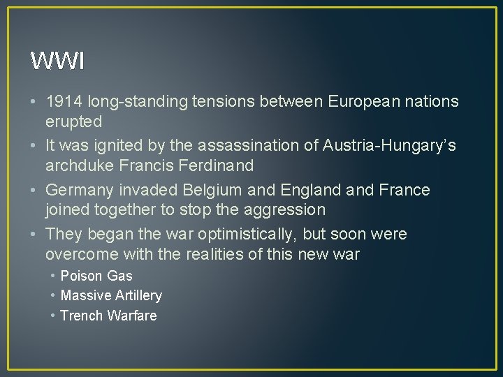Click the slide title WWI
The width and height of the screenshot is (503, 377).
pos(57,61)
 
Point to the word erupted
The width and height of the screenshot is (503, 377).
pos(73,121)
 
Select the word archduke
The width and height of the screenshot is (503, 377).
pos(76,165)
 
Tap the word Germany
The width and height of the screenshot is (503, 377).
pos(78,190)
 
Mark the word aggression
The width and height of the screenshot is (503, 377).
pos(286,209)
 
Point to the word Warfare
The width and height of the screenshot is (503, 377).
pos(132,316)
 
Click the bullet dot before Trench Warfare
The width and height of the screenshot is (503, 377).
pos(53,316)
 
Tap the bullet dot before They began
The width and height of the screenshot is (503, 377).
pos(35,234)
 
